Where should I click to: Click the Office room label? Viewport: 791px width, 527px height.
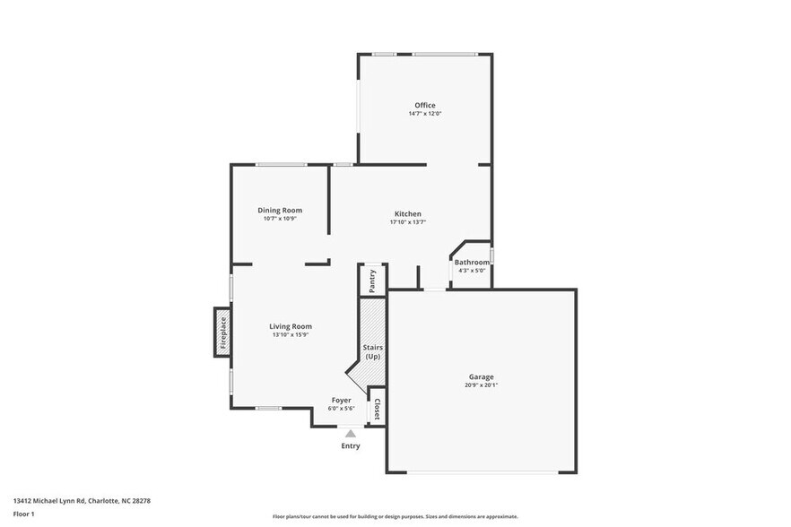(x=424, y=105)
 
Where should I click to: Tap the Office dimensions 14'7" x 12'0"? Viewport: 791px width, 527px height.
(x=424, y=114)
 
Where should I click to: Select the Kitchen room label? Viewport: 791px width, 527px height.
(x=407, y=213)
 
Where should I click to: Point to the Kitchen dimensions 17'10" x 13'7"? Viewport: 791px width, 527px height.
(x=407, y=222)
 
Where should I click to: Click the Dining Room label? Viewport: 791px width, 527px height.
(x=280, y=210)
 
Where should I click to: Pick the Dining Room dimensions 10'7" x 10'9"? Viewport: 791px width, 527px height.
(x=280, y=219)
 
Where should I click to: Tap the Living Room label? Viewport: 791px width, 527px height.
(x=291, y=326)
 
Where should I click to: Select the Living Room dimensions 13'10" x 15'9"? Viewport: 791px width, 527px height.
(x=291, y=335)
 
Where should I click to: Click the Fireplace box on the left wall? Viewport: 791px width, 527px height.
(x=222, y=333)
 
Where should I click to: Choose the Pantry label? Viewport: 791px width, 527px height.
(x=372, y=280)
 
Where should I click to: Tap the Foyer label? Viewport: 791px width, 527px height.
(x=341, y=400)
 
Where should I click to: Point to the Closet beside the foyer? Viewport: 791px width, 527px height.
(x=377, y=410)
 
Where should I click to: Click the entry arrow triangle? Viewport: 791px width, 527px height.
(x=351, y=434)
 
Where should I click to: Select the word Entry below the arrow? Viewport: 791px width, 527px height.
(x=351, y=445)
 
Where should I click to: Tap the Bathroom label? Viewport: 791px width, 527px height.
(x=472, y=262)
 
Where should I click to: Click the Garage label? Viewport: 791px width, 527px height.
(x=481, y=376)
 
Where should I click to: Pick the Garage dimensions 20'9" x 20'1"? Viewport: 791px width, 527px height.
(x=481, y=385)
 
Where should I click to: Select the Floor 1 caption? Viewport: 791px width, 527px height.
(x=23, y=514)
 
